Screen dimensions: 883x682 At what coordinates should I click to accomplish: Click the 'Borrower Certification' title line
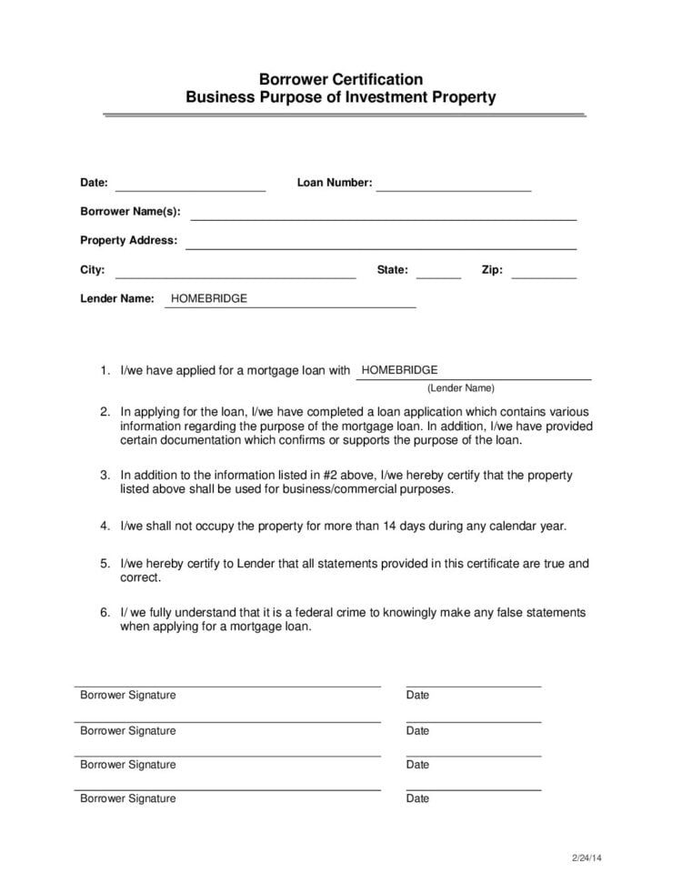click(341, 79)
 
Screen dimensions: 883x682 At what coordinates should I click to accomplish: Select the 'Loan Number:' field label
click(334, 183)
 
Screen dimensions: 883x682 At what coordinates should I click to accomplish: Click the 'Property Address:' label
click(128, 241)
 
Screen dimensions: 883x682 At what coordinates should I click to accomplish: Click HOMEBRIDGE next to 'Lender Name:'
click(209, 298)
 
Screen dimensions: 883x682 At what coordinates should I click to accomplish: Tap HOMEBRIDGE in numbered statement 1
click(399, 370)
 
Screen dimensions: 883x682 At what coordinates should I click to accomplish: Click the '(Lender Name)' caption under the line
click(460, 387)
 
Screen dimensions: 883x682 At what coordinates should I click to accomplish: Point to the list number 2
click(105, 412)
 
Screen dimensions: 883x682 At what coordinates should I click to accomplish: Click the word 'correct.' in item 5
click(140, 577)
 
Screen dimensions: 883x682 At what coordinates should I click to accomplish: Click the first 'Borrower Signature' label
click(128, 696)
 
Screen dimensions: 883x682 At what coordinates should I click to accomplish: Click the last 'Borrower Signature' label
click(128, 799)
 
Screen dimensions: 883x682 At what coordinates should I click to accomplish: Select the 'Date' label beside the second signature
click(417, 731)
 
